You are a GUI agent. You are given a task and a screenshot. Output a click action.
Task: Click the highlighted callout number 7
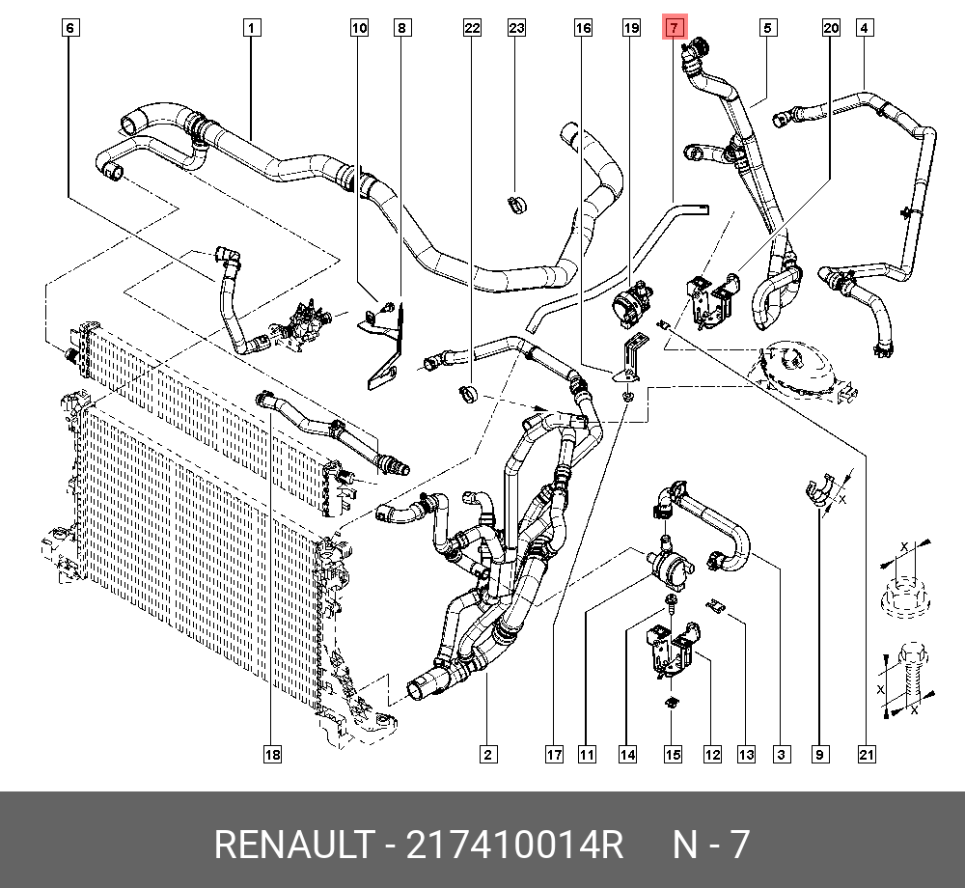(674, 28)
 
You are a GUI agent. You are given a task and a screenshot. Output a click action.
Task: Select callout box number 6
(70, 28)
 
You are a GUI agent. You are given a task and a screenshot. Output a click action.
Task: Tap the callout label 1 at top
(251, 28)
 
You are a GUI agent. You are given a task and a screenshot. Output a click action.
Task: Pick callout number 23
(516, 28)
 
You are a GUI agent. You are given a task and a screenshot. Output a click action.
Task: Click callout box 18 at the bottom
(273, 754)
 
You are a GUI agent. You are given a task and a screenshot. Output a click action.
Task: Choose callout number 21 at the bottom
(867, 754)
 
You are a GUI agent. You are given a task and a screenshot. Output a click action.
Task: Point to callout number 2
(488, 754)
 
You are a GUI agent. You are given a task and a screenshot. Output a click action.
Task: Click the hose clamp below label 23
(517, 205)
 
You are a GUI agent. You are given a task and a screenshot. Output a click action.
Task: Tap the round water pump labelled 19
(630, 302)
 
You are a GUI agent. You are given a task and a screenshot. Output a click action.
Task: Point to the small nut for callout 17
(627, 397)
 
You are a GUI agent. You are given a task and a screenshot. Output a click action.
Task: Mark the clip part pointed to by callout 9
(819, 488)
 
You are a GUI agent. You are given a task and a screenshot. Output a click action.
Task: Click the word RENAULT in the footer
(293, 845)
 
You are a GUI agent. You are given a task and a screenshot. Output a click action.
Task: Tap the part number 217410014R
(514, 845)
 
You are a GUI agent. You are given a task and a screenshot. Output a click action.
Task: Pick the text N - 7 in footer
(711, 845)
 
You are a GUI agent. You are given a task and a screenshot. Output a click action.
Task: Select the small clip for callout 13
(716, 605)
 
